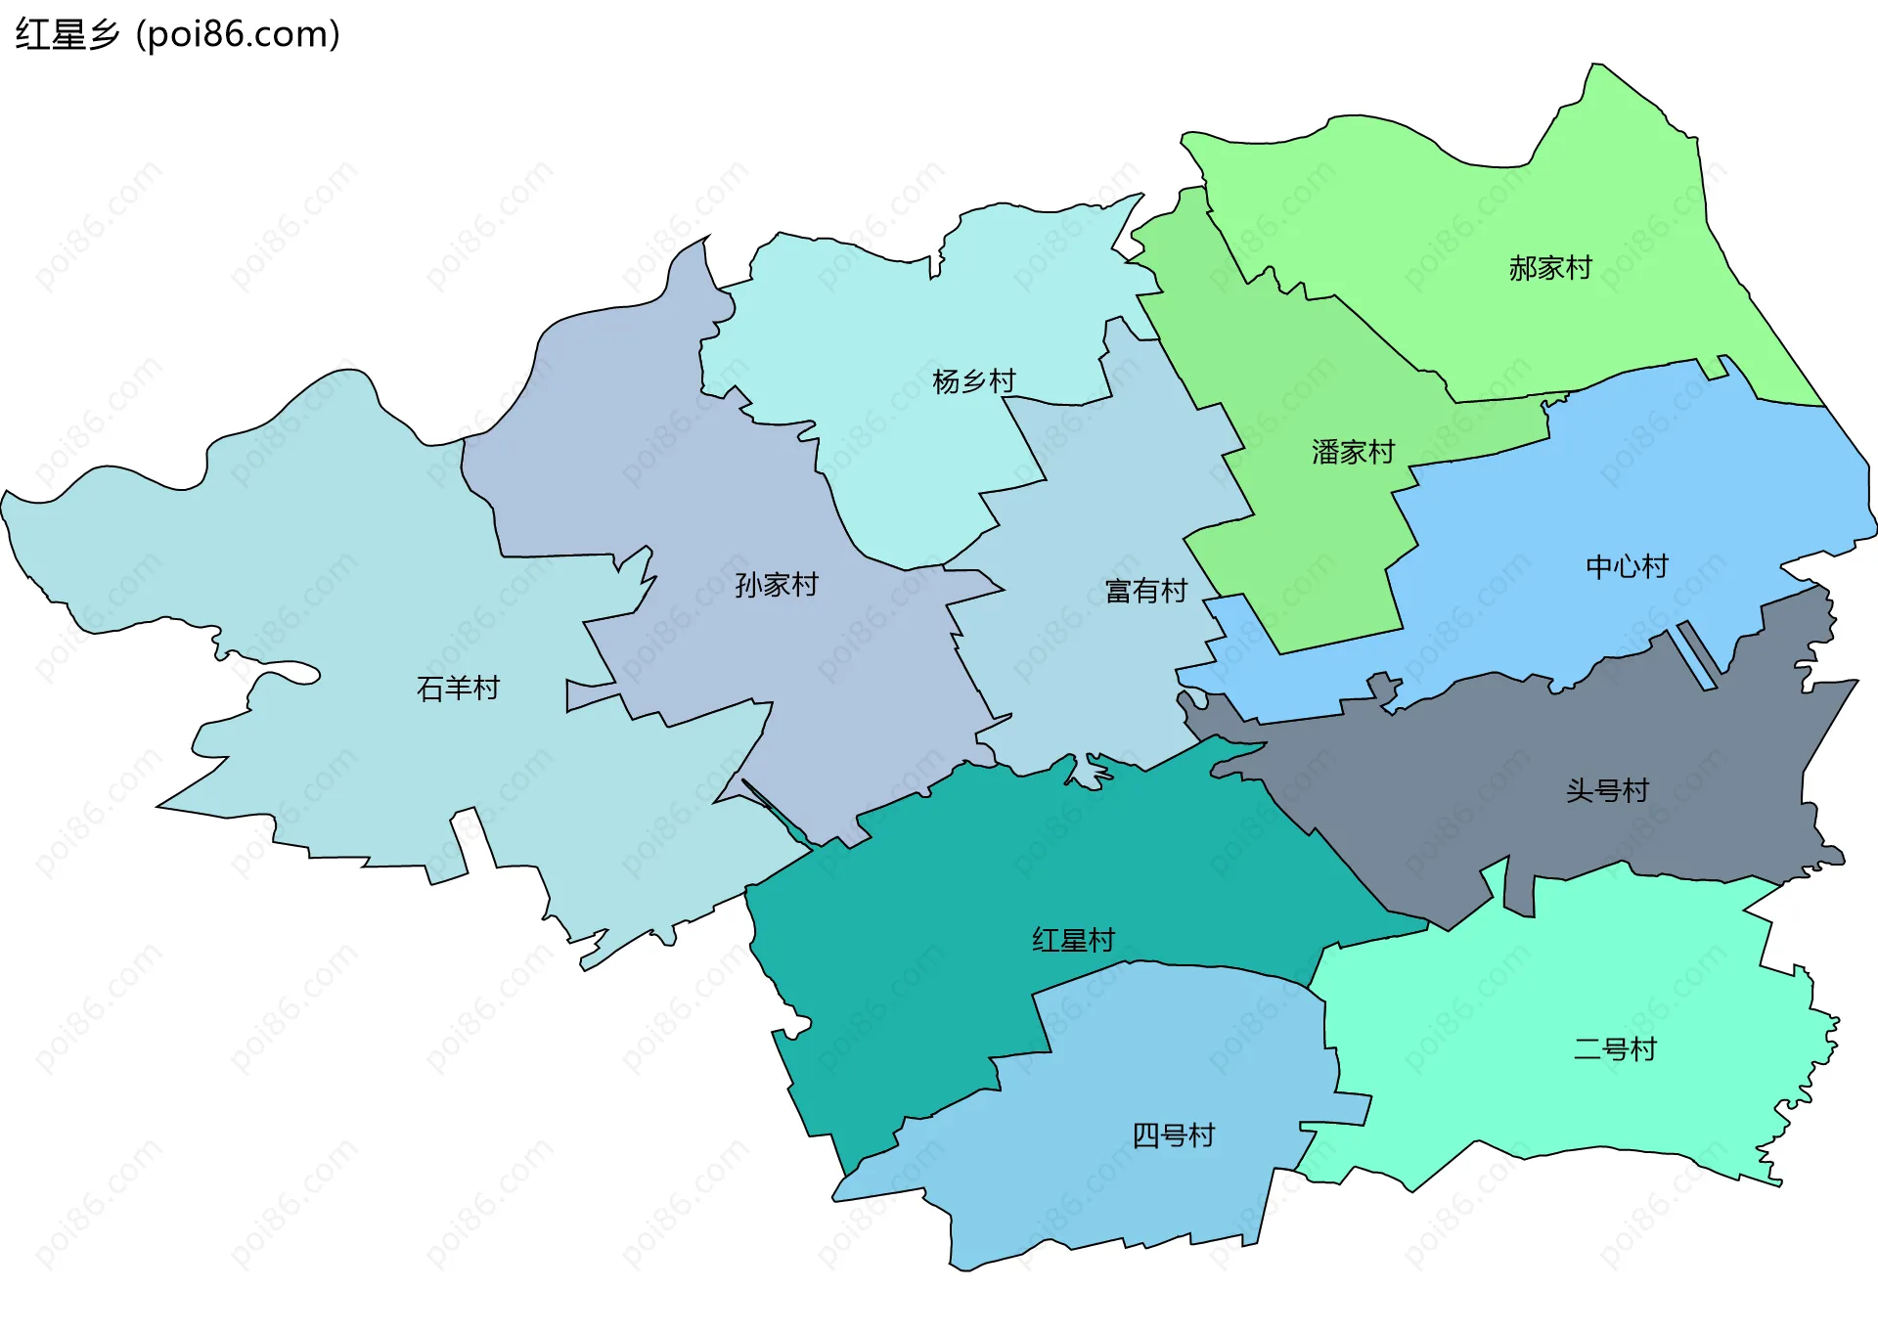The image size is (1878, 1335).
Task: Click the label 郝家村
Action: coord(1550,268)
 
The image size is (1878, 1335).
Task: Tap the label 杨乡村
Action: coord(973,381)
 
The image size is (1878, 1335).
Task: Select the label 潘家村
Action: coord(1353,452)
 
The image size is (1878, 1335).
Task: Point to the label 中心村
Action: coord(1627,566)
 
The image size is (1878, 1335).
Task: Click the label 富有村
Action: coord(1145,591)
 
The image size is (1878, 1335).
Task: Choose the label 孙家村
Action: coord(776,585)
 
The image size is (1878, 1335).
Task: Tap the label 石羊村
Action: coord(458,689)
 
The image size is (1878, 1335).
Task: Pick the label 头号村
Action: coord(1607,790)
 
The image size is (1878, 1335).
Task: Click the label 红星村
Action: coord(1073,940)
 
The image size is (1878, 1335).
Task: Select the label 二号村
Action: coord(1615,1049)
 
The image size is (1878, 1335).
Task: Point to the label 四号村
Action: coord(1173,1135)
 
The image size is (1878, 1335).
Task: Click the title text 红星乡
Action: coord(67,34)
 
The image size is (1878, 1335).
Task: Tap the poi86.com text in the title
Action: coord(238,34)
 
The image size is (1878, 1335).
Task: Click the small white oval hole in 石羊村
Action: coord(290,673)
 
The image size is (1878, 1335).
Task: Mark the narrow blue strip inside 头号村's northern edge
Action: coord(1697,656)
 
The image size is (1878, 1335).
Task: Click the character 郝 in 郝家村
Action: coord(1523,268)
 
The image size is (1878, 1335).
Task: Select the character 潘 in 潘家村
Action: coord(1325,452)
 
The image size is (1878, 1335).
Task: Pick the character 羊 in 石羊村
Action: coord(458,689)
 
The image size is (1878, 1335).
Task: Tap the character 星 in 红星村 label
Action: coord(1073,940)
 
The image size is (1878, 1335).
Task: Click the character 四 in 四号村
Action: coord(1145,1135)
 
